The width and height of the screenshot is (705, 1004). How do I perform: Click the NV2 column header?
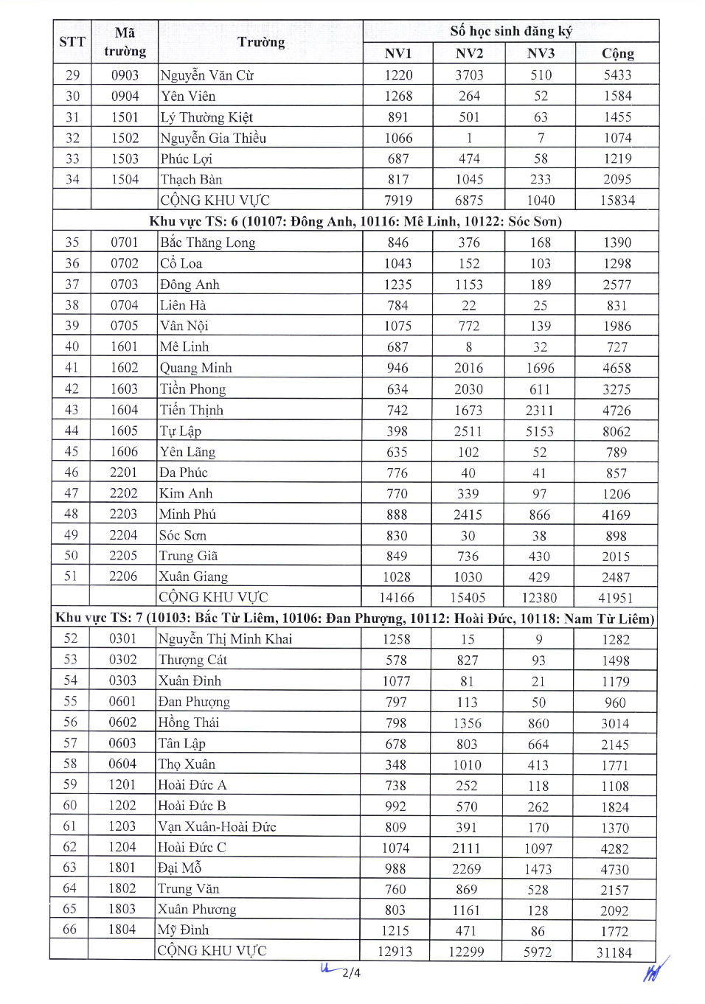(x=469, y=54)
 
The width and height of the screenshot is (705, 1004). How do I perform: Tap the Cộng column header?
(x=617, y=54)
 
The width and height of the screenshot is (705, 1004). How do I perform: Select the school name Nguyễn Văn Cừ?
(x=206, y=75)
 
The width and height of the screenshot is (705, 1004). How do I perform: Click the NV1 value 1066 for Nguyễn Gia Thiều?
(x=398, y=138)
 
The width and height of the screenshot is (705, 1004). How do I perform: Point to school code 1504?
(x=125, y=179)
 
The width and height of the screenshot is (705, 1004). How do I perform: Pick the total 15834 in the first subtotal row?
(x=617, y=201)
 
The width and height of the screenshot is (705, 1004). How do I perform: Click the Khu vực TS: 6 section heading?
(x=355, y=221)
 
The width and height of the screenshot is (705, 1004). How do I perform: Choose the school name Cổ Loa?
(x=181, y=263)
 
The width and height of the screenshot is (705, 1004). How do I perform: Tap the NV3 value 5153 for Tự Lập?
(x=540, y=431)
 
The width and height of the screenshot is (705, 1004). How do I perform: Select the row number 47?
(x=72, y=493)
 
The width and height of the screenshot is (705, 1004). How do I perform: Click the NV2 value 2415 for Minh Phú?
(x=468, y=515)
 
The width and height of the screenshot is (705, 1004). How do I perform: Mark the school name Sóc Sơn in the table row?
(x=183, y=535)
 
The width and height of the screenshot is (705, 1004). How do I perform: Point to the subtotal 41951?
(x=616, y=598)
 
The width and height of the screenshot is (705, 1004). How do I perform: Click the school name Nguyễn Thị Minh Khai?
(x=225, y=639)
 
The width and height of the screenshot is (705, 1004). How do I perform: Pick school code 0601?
(x=122, y=702)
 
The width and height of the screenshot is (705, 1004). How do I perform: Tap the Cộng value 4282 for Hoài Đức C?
(x=614, y=848)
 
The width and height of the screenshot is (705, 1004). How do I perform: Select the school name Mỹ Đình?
(x=184, y=930)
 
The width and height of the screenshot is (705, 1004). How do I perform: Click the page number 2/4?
(x=352, y=973)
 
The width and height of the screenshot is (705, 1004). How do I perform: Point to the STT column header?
(x=72, y=42)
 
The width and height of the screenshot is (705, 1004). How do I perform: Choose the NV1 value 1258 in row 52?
(x=396, y=639)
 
